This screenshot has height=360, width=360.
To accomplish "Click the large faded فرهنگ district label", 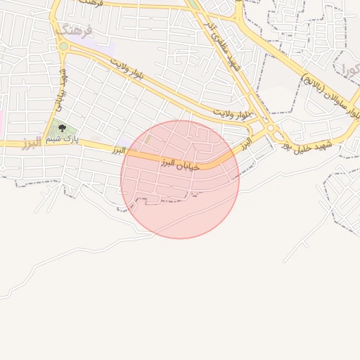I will pos(73,30).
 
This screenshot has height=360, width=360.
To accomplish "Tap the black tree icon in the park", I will pos(62,128).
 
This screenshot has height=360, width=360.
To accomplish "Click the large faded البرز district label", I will pos(32,143).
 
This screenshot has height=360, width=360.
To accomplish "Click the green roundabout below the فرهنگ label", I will pos(63,47).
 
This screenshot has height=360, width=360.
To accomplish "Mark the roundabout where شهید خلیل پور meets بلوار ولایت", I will pos(271,129).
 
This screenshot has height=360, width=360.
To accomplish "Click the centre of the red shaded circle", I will pos(180,179).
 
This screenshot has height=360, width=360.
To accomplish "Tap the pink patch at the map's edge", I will pos(1,123).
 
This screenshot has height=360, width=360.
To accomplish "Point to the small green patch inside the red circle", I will pos(148,139).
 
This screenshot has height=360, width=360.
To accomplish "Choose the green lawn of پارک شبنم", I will pos(56,130).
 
